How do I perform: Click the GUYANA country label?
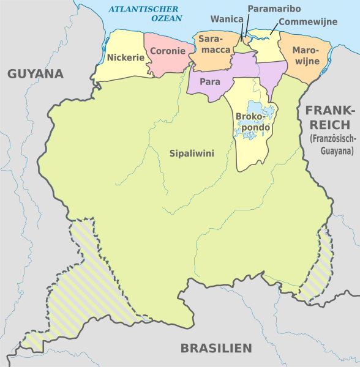[x=36, y=74]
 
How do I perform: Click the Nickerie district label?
[x=126, y=58]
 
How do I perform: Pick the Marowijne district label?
[x=306, y=54]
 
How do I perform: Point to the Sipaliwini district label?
[x=192, y=153]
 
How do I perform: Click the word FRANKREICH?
[x=330, y=117]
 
